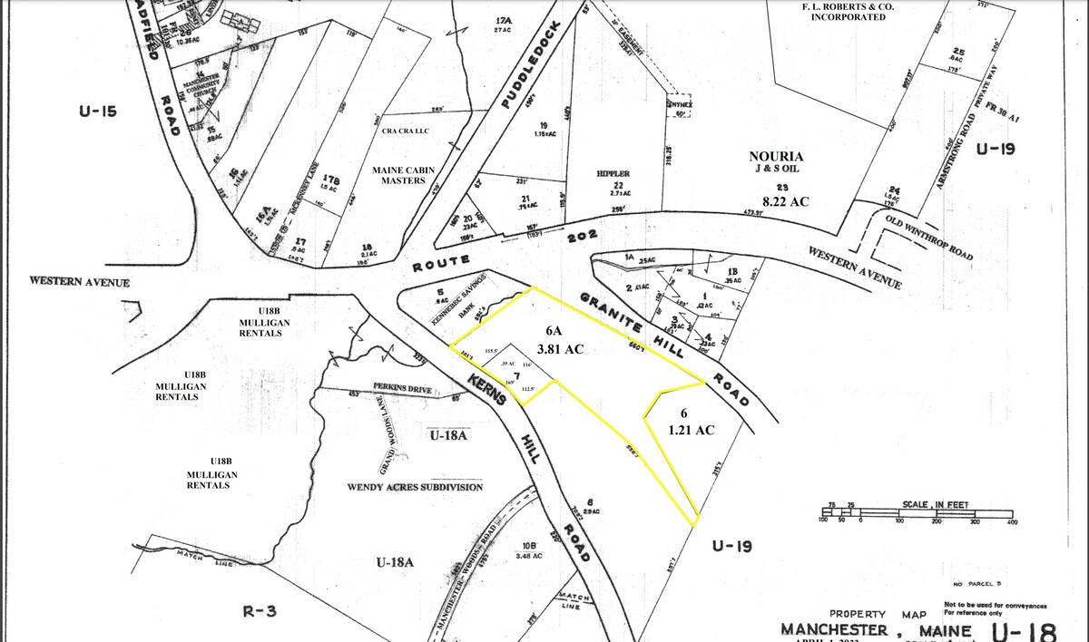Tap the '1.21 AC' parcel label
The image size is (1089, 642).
692,430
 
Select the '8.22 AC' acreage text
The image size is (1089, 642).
784,201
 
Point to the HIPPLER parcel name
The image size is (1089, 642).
613,172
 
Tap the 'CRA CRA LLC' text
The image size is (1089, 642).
405,131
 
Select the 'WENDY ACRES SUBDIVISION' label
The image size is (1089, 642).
415,487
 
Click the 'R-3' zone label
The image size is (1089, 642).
260,610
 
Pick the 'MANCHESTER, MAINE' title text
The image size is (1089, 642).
877,629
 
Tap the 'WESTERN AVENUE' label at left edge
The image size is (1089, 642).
80,282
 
